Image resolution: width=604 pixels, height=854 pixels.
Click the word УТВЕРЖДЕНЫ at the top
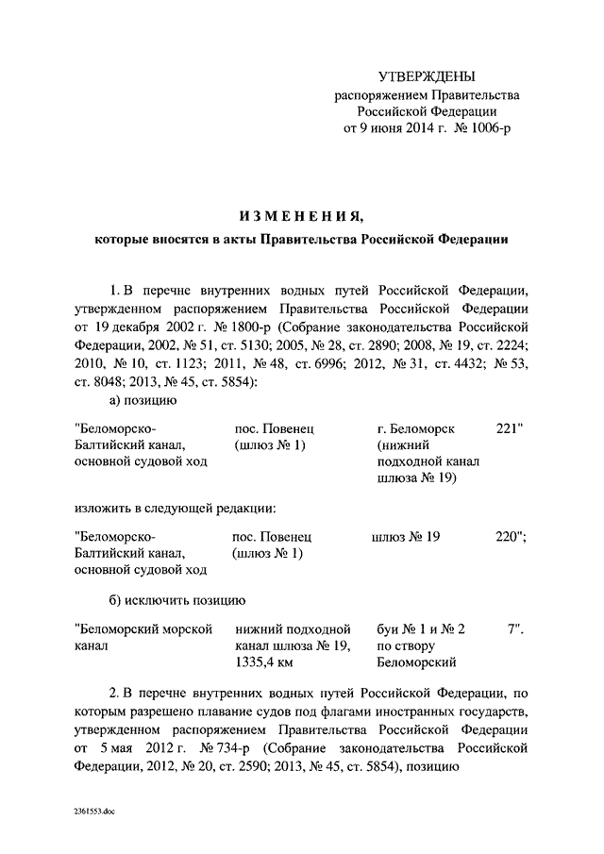pyautogui.click(x=420, y=76)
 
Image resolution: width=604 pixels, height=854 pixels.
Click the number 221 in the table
pyautogui.click(x=509, y=428)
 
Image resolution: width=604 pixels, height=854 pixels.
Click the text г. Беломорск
pyautogui.click(x=415, y=428)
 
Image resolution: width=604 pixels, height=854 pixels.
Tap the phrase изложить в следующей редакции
pyautogui.click(x=175, y=508)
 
